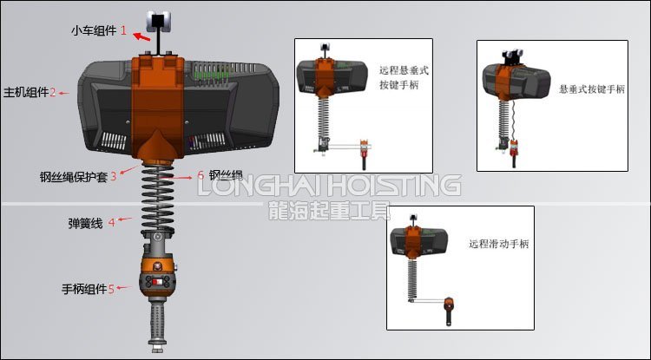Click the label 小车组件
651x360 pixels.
pyautogui.click(x=93, y=30)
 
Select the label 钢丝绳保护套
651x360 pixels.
pyautogui.click(x=73, y=177)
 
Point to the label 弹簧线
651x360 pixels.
pyautogui.click(x=85, y=223)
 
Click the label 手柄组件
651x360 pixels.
pyautogui.click(x=83, y=289)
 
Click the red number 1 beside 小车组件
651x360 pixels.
pyautogui.click(x=123, y=30)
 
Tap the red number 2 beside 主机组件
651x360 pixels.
pyautogui.click(x=53, y=93)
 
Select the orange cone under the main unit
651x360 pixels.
pyautogui.click(x=159, y=147)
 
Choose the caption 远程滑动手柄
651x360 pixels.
pyautogui.click(x=497, y=245)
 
